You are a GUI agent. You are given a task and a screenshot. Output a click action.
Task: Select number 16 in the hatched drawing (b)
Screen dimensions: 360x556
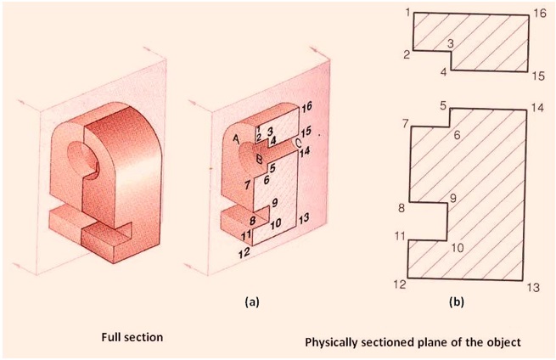(x=540, y=13)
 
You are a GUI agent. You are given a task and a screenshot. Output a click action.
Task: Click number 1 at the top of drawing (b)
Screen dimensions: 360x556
(x=407, y=12)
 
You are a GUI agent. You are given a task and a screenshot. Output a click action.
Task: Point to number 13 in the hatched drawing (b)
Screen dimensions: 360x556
(x=533, y=288)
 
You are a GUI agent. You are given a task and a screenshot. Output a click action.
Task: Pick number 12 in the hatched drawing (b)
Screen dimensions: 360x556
(x=401, y=284)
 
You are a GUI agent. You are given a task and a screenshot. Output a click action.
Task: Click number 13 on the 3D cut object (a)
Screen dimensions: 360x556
(x=303, y=219)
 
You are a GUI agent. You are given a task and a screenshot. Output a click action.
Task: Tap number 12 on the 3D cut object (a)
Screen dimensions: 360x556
(x=244, y=253)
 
